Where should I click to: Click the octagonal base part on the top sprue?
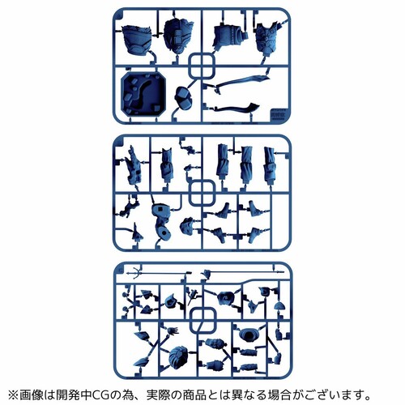point(143,95)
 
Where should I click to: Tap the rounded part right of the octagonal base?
point(183,97)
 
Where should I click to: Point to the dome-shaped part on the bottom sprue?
point(279,305)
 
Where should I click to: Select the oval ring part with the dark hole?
point(249,335)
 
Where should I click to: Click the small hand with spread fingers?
point(173,330)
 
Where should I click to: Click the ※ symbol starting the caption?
point(14,395)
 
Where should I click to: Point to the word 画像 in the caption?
point(32,395)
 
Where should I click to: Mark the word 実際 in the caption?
point(159,395)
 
